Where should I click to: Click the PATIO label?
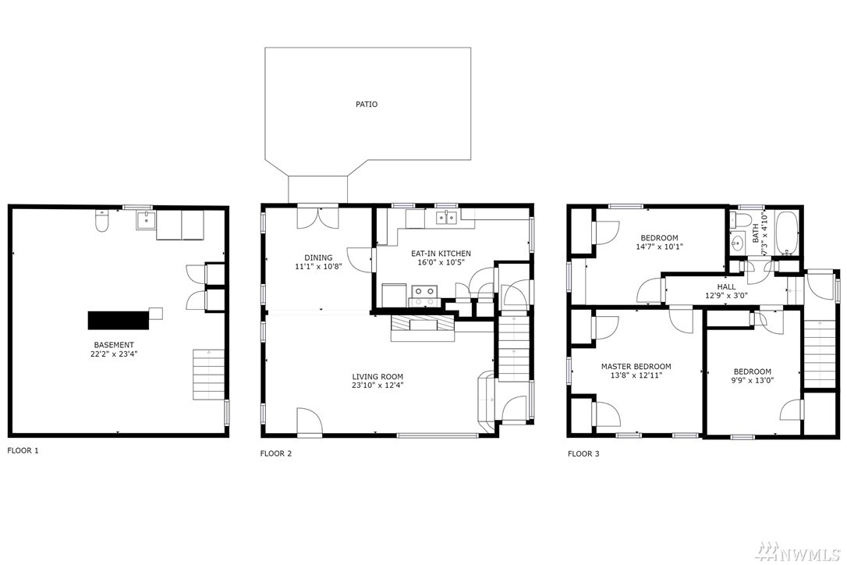[367, 105]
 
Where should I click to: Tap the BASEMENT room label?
[114, 345]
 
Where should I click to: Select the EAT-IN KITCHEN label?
[441, 254]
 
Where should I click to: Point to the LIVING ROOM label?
[377, 377]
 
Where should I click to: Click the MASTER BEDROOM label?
[636, 367]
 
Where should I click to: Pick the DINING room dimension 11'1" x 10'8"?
[319, 266]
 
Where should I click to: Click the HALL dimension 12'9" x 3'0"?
[727, 295]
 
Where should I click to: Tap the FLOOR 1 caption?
[23, 450]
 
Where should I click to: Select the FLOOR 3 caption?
[583, 453]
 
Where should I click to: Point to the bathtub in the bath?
[786, 233]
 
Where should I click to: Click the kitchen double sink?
[446, 218]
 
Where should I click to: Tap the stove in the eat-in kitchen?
[424, 295]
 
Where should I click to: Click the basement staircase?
[208, 375]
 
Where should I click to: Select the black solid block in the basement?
[119, 319]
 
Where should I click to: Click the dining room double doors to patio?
[318, 218]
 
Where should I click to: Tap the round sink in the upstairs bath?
[736, 243]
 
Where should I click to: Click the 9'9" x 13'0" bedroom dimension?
[753, 380]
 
